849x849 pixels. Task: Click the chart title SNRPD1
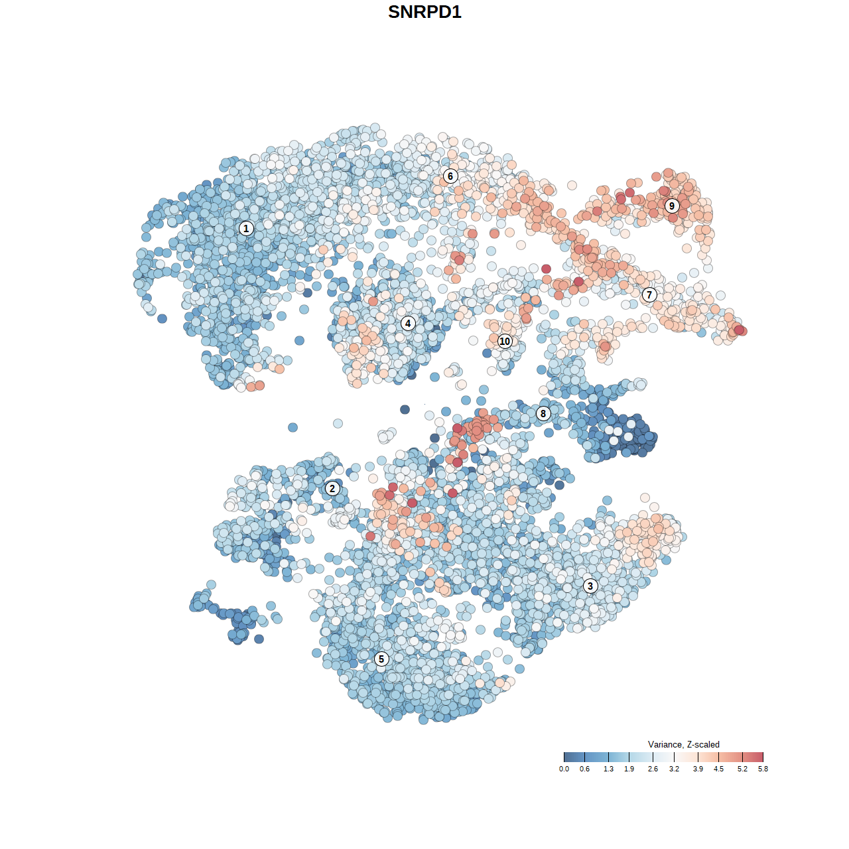pos(424,12)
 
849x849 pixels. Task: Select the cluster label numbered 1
pos(246,229)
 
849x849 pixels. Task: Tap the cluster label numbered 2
pos(332,489)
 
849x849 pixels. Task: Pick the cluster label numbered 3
pos(590,586)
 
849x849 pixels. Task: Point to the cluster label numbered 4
pos(408,324)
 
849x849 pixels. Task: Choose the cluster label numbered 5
pos(381,659)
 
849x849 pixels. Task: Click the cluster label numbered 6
pos(450,176)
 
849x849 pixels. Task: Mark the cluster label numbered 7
pos(649,295)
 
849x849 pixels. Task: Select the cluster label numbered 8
pos(543,414)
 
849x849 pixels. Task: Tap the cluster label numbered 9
pos(672,206)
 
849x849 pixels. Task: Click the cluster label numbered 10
pos(505,341)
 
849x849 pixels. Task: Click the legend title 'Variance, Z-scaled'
pos(683,744)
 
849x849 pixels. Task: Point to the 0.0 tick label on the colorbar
pos(564,769)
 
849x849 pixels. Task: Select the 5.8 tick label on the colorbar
pos(763,769)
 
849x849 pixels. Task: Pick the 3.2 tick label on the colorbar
pos(674,769)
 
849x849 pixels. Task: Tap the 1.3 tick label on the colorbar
pos(608,769)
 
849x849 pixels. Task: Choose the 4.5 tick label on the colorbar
pos(718,769)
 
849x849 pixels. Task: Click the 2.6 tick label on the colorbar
pos(653,769)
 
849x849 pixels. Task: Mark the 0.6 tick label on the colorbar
pos(584,769)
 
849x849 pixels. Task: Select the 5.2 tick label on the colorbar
pos(742,769)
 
